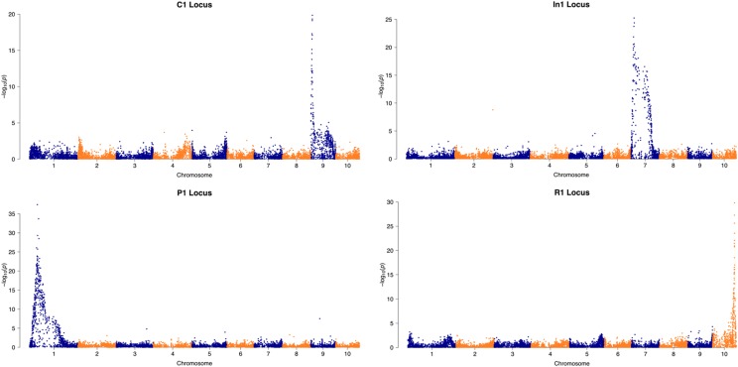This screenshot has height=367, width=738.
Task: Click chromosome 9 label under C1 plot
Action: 322,169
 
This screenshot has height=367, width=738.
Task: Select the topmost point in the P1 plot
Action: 37,205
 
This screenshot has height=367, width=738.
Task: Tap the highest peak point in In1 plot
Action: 634,18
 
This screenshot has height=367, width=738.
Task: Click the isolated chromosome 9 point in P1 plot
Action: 319,318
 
